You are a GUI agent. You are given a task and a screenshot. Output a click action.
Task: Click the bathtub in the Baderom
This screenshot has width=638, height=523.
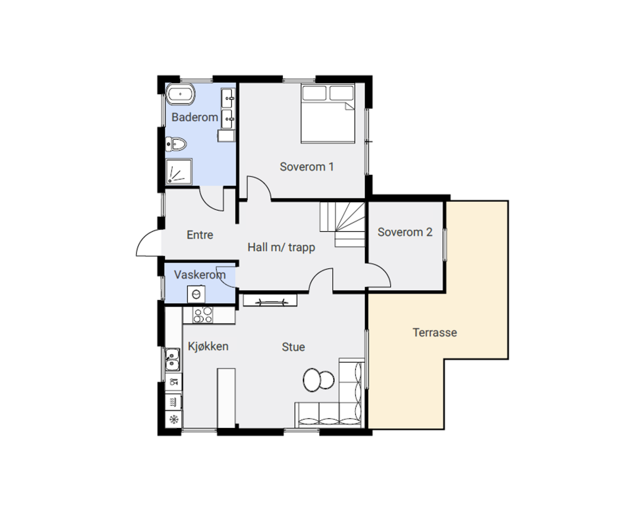180,94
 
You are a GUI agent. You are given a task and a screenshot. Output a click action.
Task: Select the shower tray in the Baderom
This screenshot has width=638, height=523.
179,172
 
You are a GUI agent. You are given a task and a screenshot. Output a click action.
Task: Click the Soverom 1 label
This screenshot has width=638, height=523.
307,167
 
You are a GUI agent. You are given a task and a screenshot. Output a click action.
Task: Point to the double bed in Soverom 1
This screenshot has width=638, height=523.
328,114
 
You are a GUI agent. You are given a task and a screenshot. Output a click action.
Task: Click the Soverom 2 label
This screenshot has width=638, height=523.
405,232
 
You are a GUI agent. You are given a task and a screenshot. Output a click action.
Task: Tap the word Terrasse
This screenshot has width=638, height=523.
435,333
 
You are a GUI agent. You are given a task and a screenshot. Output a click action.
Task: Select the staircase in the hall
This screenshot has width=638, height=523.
343,224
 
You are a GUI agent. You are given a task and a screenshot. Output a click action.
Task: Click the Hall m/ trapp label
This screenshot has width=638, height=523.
281,247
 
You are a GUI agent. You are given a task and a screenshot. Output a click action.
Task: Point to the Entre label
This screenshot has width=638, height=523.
200,235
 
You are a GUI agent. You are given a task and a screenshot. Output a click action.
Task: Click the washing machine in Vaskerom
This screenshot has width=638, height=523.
196,294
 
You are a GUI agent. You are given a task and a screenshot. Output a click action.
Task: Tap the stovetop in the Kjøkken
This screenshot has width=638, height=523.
203,315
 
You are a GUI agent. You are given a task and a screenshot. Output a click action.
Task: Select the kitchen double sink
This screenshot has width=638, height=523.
173,360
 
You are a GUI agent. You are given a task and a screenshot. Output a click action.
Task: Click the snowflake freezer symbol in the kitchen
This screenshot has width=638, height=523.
174,420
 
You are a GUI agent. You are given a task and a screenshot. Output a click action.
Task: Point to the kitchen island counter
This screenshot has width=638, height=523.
226,398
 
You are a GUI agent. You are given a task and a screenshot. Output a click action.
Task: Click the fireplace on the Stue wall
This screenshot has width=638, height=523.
270,301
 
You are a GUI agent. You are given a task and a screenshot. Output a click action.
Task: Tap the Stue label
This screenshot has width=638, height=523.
293,347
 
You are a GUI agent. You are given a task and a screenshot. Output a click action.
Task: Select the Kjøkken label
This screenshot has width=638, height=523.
208,347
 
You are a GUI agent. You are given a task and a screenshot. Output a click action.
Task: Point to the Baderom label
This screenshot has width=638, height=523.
195,117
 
